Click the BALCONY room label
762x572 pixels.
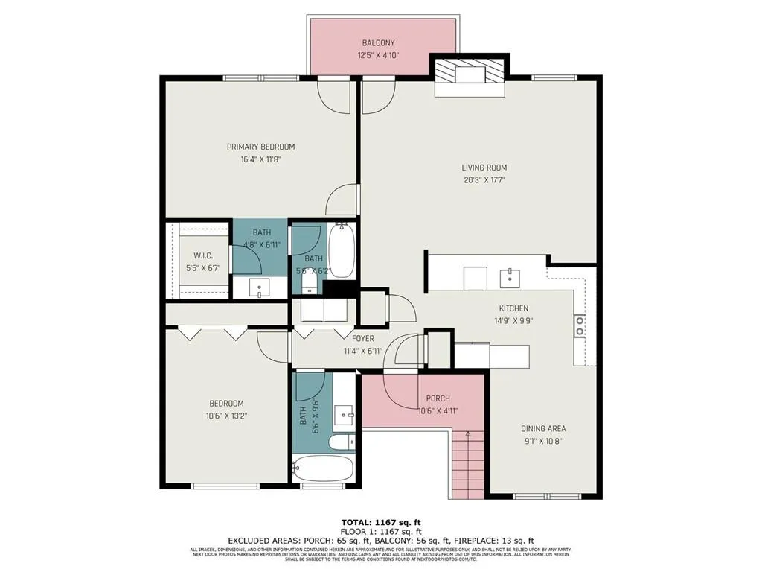378,43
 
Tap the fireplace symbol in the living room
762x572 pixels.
470,75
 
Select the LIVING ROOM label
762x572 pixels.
484,168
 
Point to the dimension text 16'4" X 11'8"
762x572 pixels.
260,159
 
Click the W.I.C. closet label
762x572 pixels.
203,255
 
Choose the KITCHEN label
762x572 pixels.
513,308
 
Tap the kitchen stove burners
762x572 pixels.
579,325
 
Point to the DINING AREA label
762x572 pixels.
542,428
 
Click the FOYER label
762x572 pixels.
363,339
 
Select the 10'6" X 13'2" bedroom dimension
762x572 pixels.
226,416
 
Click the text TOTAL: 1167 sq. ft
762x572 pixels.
381,522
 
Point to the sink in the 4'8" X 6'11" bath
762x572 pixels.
260,286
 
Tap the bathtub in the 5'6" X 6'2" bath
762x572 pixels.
342,250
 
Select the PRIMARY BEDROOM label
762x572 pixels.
260,147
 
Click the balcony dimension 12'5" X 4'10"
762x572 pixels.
378,55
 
